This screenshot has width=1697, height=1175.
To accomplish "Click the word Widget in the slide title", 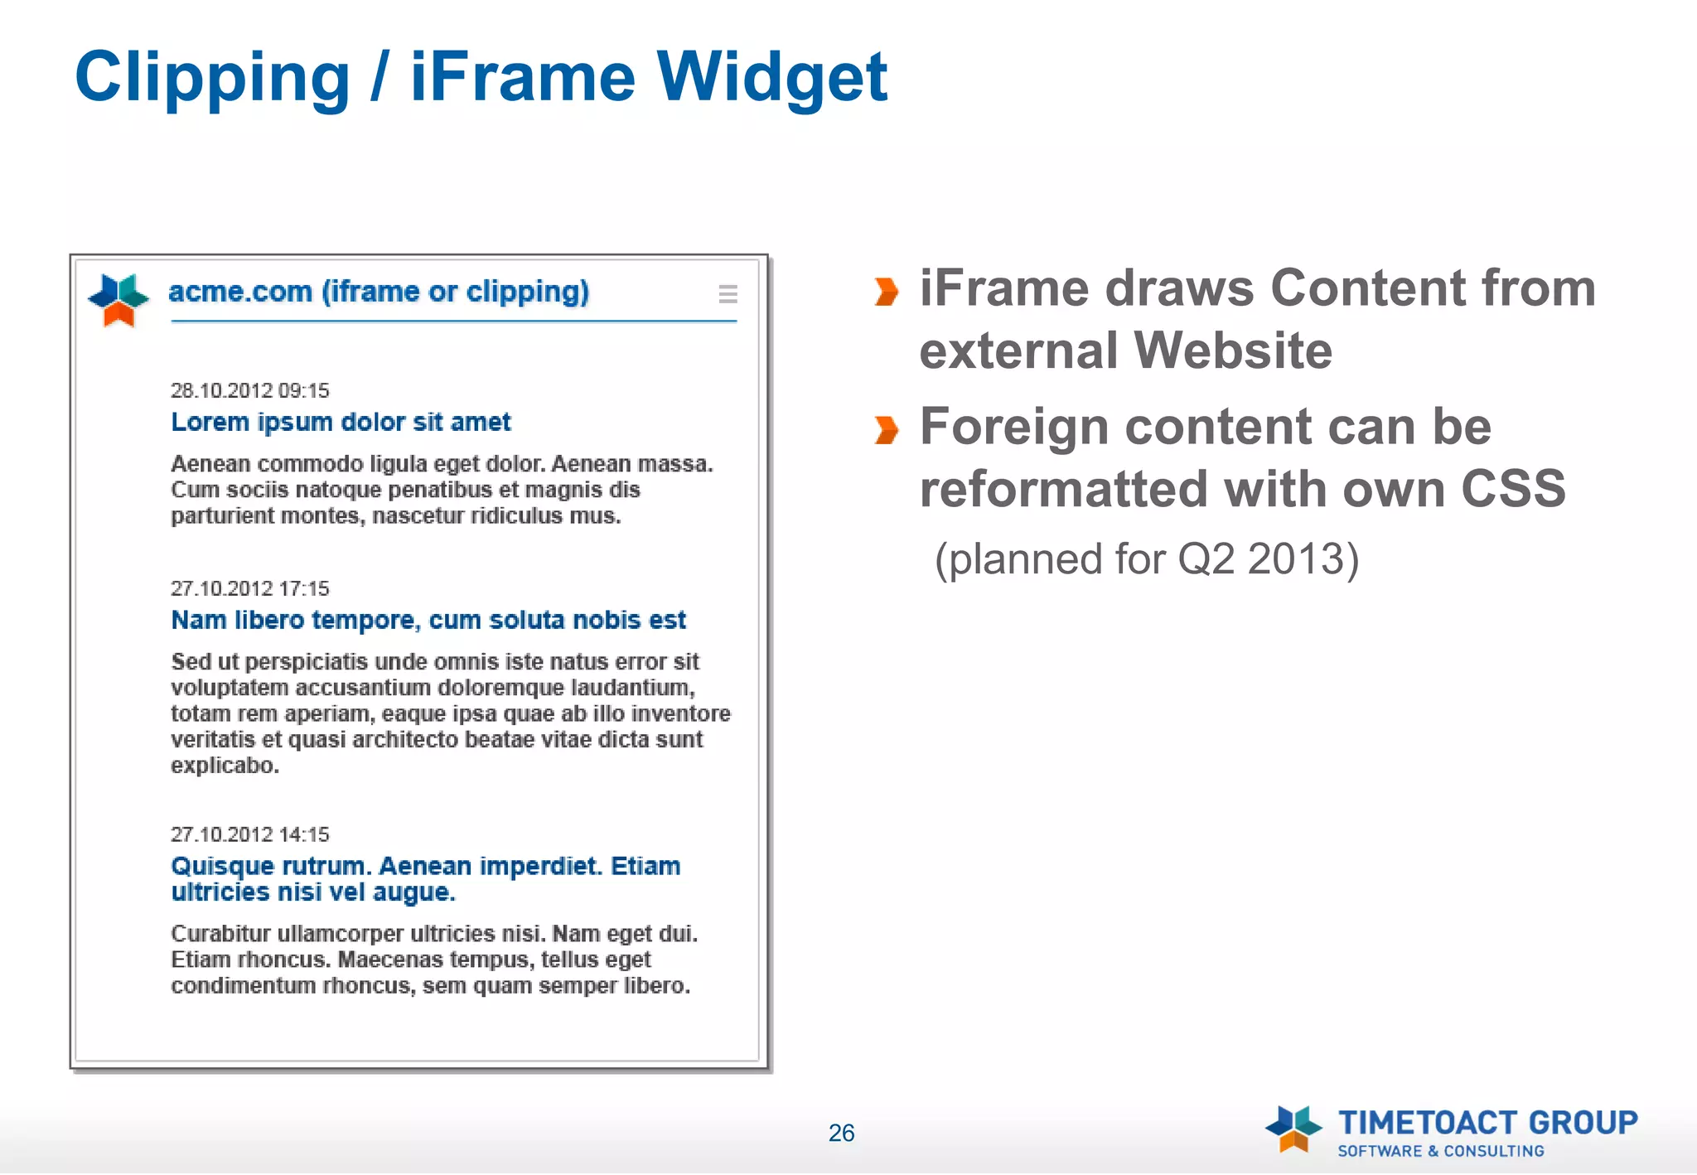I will pos(772,77).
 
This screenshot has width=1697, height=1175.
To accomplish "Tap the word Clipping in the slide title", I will pos(212,77).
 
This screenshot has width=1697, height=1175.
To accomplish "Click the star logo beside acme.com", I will pos(118,299).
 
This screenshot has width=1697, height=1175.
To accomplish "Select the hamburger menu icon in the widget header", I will pos(728,294).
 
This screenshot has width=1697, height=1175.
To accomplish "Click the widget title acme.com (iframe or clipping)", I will pos(379,292).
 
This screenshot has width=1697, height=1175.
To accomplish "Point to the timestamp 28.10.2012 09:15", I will pos(249,390).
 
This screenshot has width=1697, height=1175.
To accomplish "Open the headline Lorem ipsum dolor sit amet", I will pos(341,422).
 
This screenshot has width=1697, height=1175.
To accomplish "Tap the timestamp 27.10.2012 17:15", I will pos(249,588).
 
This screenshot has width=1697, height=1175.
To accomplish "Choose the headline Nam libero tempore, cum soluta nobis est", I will pos(428,620).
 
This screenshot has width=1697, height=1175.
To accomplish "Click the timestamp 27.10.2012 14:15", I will pos(249,834).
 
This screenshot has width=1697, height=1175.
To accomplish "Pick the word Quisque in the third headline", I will pos(222,867).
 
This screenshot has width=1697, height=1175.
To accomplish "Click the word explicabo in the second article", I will pos(225,766).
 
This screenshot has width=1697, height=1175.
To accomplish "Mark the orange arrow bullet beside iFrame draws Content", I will pos(886,292).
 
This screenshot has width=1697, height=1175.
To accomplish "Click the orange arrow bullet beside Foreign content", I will pos(886,430).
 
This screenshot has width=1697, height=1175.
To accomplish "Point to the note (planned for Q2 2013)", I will pos(1147,559).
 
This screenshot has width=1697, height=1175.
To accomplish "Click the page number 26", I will pos(841,1133).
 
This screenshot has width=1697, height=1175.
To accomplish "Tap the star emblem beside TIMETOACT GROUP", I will pos(1293,1129).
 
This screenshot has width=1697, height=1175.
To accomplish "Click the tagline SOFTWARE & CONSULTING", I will pos(1441,1151).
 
